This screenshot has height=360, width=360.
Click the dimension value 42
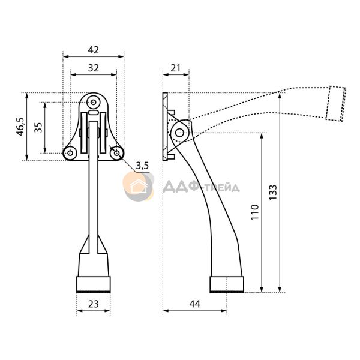pyautogui.click(x=94, y=50)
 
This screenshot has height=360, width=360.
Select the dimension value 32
pyautogui.click(x=94, y=68)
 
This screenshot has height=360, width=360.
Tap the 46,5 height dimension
pyautogui.click(x=20, y=127)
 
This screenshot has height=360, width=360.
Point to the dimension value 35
pyautogui.click(x=38, y=127)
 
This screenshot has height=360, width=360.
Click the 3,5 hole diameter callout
pyautogui.click(x=142, y=166)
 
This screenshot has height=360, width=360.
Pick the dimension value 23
pyautogui.click(x=94, y=304)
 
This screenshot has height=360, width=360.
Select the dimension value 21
pyautogui.click(x=176, y=68)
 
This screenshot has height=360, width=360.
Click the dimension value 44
pyautogui.click(x=194, y=304)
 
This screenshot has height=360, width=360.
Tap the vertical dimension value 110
pyautogui.click(x=255, y=212)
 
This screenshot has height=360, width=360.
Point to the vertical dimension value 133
pyautogui.click(x=273, y=192)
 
